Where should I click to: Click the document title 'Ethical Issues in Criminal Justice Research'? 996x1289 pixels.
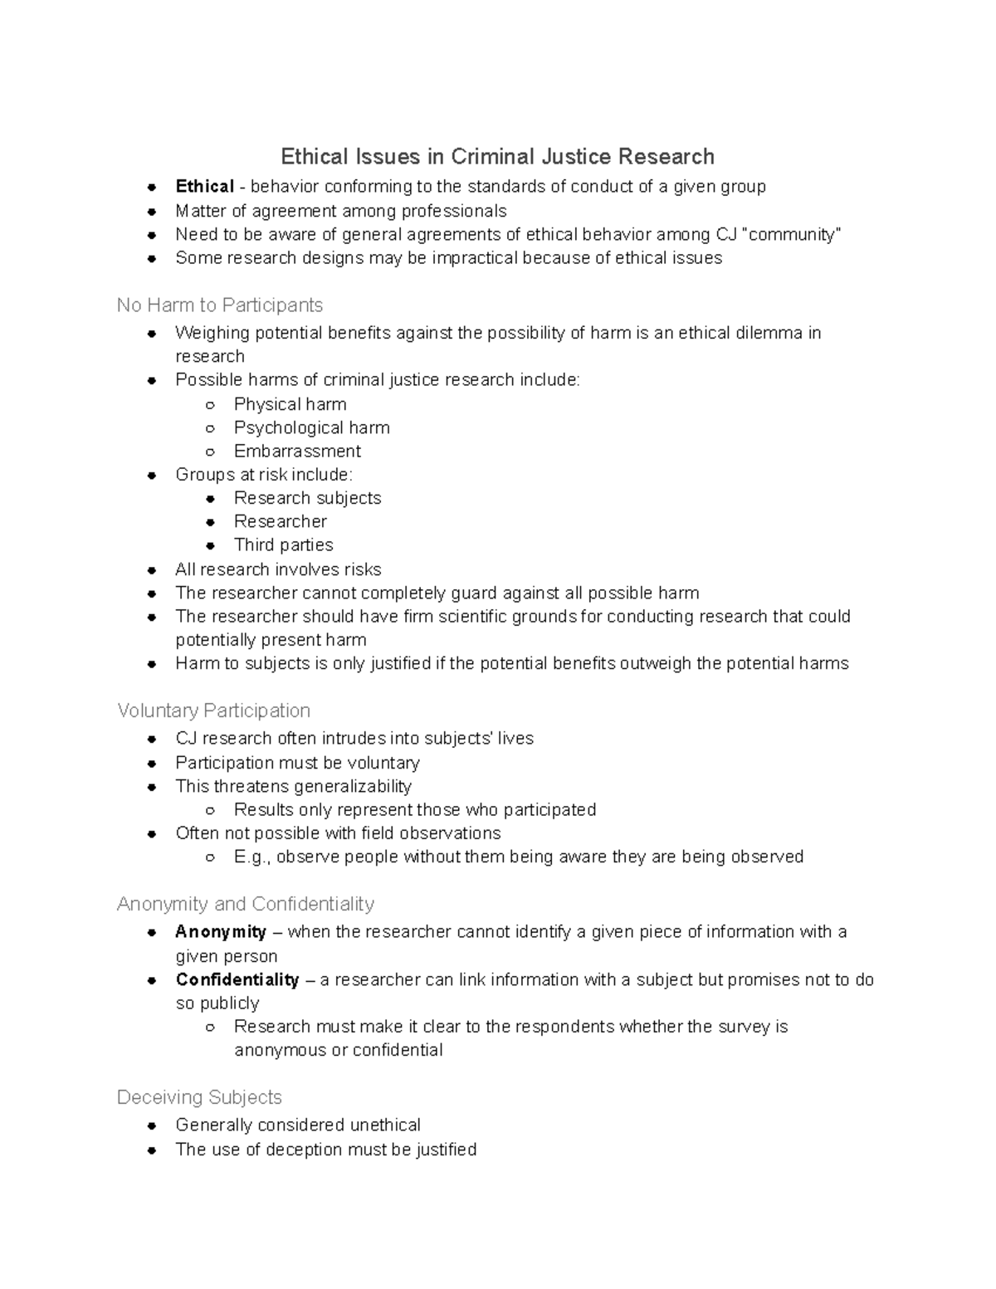tap(497, 157)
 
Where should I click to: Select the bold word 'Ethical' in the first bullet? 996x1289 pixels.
tap(204, 187)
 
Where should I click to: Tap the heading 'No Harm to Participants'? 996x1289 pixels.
tap(220, 305)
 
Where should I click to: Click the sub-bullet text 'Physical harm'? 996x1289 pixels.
tap(290, 404)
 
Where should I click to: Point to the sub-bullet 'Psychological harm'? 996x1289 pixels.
tap(311, 427)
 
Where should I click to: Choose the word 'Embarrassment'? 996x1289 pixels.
tap(297, 451)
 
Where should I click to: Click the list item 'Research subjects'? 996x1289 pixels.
tap(307, 498)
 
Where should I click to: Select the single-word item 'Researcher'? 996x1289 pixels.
tap(280, 521)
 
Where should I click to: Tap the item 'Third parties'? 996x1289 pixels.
tap(283, 544)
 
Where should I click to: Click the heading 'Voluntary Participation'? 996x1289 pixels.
tap(214, 710)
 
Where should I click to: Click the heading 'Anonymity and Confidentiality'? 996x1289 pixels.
tap(246, 904)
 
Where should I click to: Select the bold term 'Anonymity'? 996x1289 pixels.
tap(221, 932)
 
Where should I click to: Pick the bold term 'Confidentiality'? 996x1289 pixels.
tap(237, 980)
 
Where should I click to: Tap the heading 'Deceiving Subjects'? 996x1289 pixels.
tap(199, 1097)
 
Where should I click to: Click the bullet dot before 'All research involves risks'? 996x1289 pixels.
tap(152, 570)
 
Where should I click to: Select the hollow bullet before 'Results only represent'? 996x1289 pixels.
tap(211, 810)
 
